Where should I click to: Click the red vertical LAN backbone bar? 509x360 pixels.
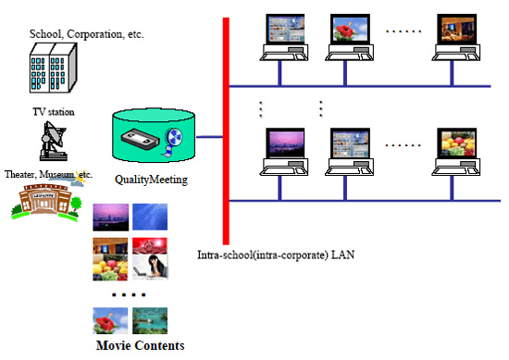[226, 131]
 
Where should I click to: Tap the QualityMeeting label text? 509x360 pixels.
[151, 180]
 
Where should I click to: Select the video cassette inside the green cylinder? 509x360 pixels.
[141, 139]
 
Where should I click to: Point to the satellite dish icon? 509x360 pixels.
[54, 141]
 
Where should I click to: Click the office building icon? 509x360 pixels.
[54, 68]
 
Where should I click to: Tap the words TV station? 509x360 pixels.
[54, 112]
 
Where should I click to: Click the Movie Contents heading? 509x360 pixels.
[141, 345]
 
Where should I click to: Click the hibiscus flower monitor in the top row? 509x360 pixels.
[350, 29]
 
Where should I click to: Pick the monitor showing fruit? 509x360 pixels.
[457, 143]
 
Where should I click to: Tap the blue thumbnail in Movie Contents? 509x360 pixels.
[150, 217]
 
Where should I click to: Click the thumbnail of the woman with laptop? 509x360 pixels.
[150, 267]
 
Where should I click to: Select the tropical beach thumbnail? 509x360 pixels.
[150, 321]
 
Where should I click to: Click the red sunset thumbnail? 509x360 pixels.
[150, 246]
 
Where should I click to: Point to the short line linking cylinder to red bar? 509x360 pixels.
[209, 137]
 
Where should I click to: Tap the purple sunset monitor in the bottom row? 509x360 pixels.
[285, 143]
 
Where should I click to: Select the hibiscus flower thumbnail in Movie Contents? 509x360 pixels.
[110, 321]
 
